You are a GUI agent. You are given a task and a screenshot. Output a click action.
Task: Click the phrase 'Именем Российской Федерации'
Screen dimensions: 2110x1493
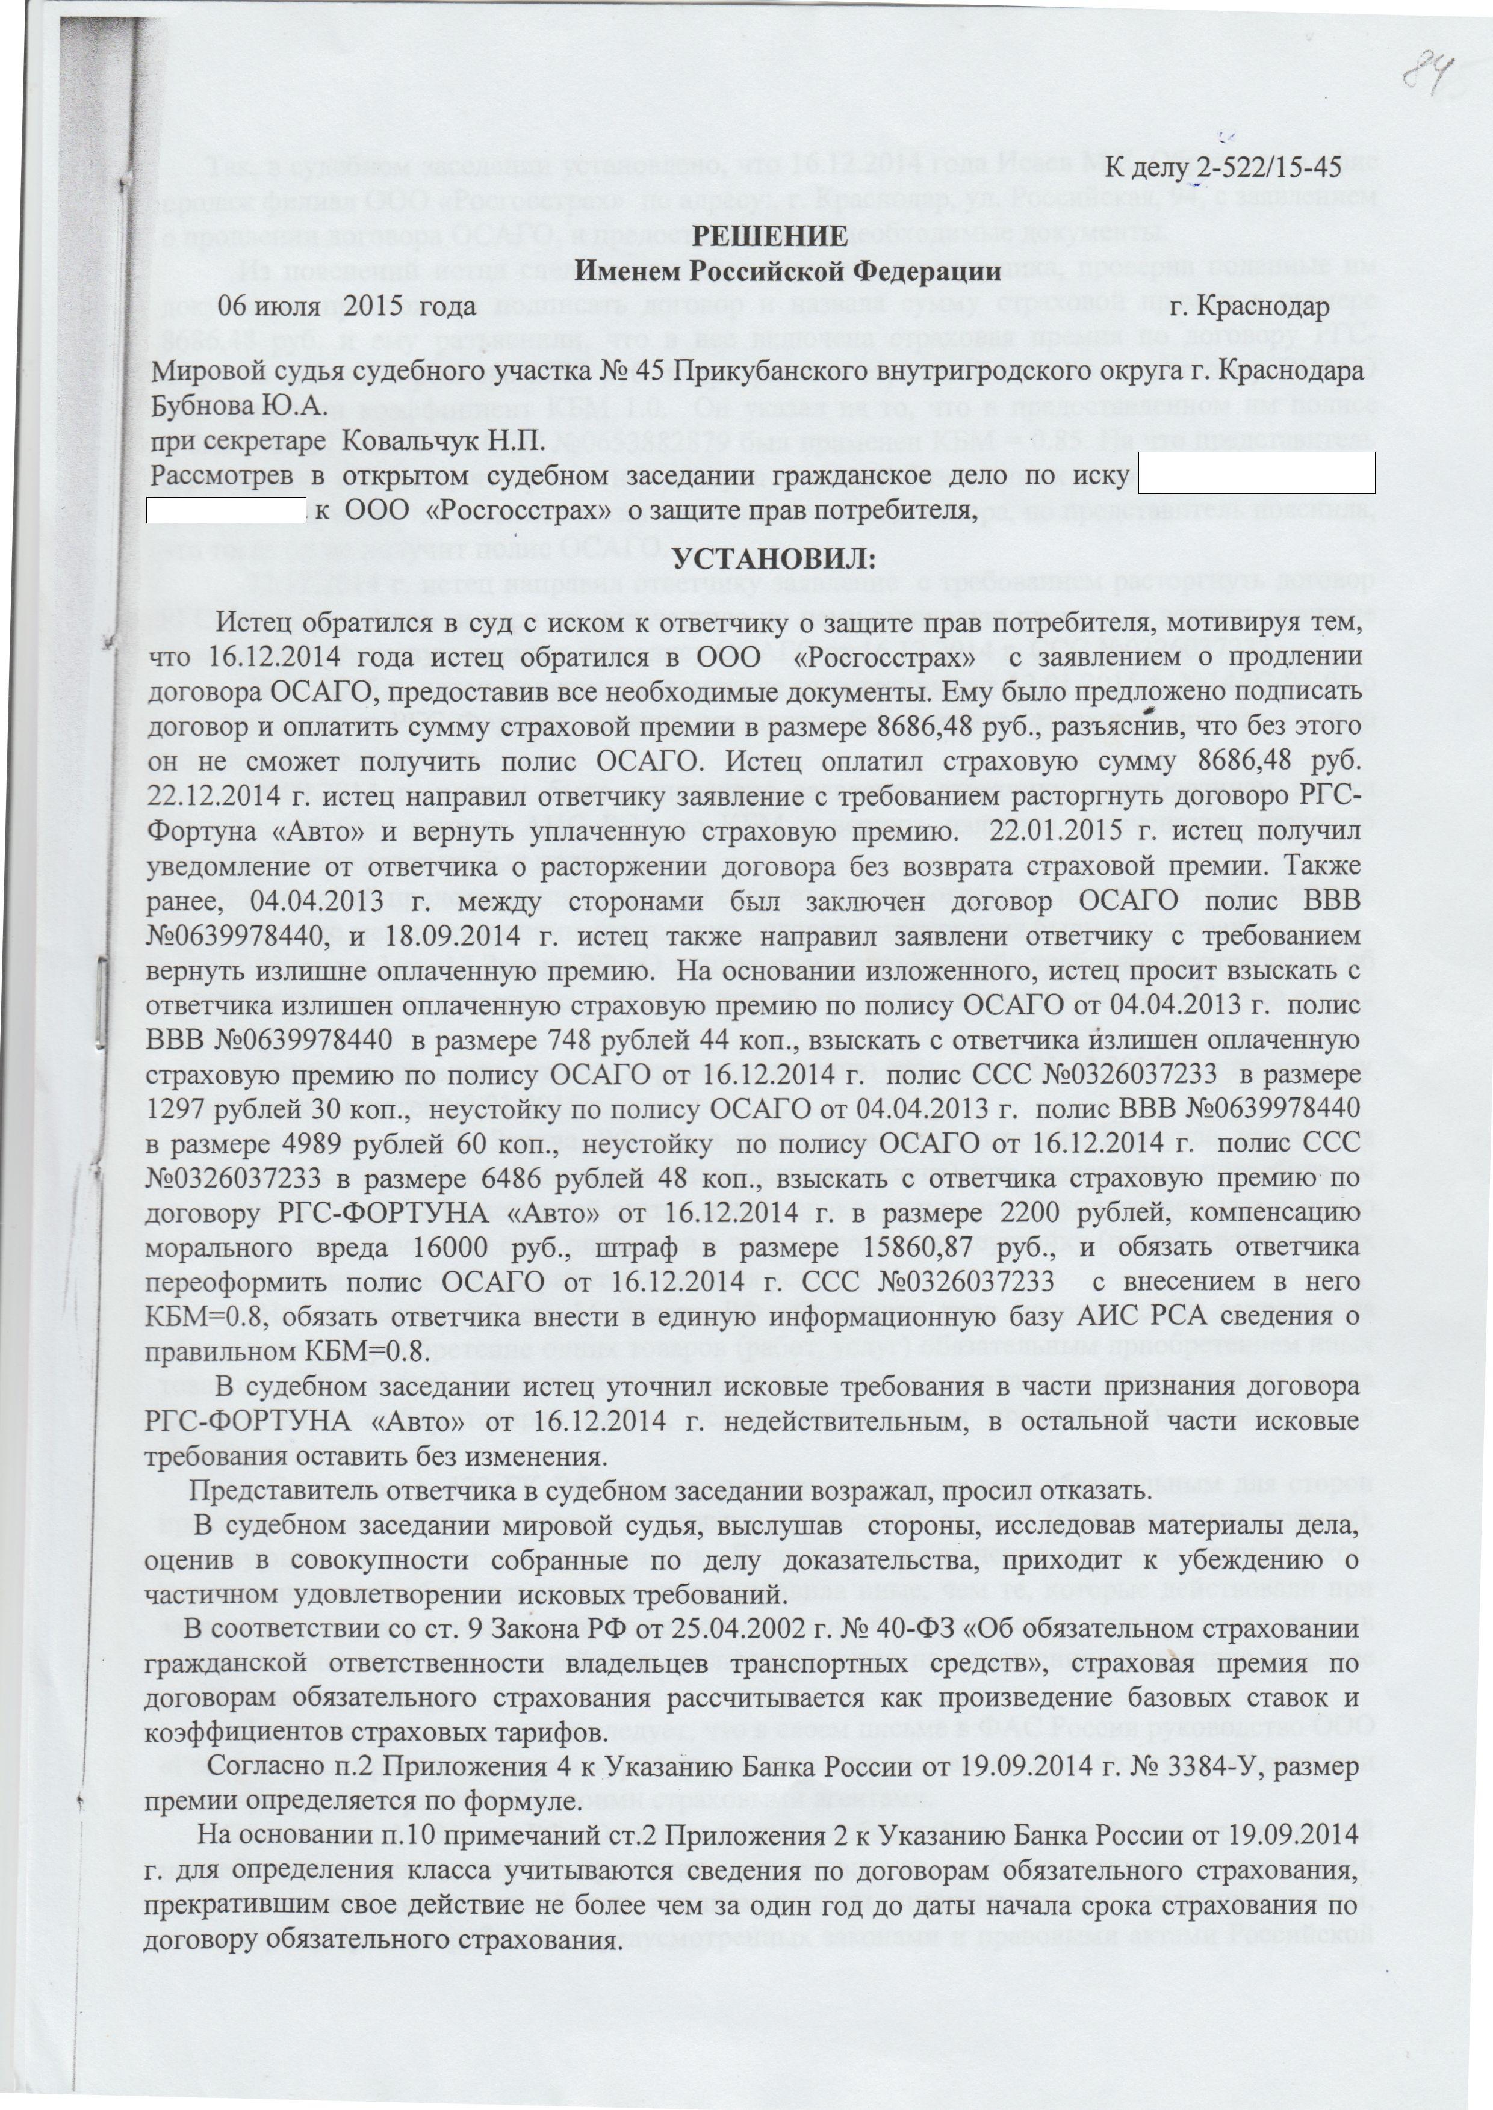click(788, 271)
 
